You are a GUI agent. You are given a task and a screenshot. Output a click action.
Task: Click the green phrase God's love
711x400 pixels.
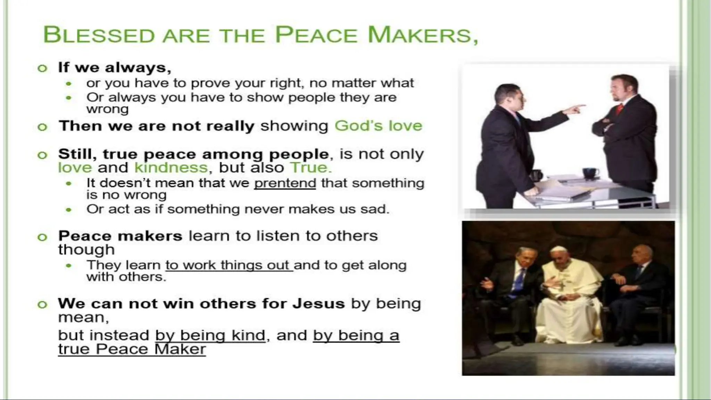(378, 126)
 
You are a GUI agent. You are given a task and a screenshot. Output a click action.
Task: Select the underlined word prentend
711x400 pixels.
(285, 183)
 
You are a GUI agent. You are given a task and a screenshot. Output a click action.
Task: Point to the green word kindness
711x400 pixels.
(171, 168)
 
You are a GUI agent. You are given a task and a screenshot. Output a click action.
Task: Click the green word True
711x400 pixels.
(310, 168)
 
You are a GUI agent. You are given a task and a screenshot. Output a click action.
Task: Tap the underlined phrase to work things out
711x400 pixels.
(229, 265)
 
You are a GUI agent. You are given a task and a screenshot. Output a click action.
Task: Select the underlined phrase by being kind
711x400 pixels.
(210, 335)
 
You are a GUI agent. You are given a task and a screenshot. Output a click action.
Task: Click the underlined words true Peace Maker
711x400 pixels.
(132, 349)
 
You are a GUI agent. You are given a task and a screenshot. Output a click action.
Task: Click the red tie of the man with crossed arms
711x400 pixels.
(619, 109)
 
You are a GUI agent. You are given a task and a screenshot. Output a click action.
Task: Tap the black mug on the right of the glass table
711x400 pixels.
(590, 173)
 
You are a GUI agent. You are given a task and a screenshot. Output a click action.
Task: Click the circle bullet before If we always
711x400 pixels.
(42, 68)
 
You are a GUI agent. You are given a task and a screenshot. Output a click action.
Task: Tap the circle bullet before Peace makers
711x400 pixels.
(42, 237)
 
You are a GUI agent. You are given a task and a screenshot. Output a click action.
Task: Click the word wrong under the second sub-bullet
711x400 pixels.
(107, 109)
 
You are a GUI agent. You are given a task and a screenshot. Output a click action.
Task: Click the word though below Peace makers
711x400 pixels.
(86, 250)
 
